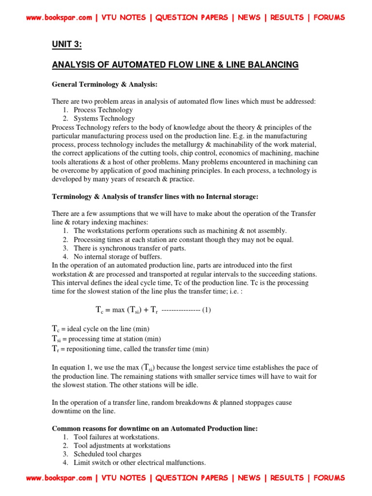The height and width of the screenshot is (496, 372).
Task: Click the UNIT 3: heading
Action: coord(67,45)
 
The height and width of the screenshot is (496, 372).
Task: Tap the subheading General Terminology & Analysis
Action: coord(105,84)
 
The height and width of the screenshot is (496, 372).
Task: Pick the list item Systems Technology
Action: coord(104,118)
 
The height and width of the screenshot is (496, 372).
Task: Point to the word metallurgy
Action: coord(185,144)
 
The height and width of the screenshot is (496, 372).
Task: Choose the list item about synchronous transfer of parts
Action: coord(129,248)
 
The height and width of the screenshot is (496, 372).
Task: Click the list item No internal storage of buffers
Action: coord(118,257)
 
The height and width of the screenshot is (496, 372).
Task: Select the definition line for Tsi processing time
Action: coord(107,339)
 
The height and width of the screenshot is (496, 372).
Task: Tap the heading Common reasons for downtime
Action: coord(155,428)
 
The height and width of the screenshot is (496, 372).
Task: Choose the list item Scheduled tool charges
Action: coord(108,454)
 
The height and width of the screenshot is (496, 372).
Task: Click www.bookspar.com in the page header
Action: coord(59,17)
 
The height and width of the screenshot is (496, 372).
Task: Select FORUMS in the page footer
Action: coord(329,478)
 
